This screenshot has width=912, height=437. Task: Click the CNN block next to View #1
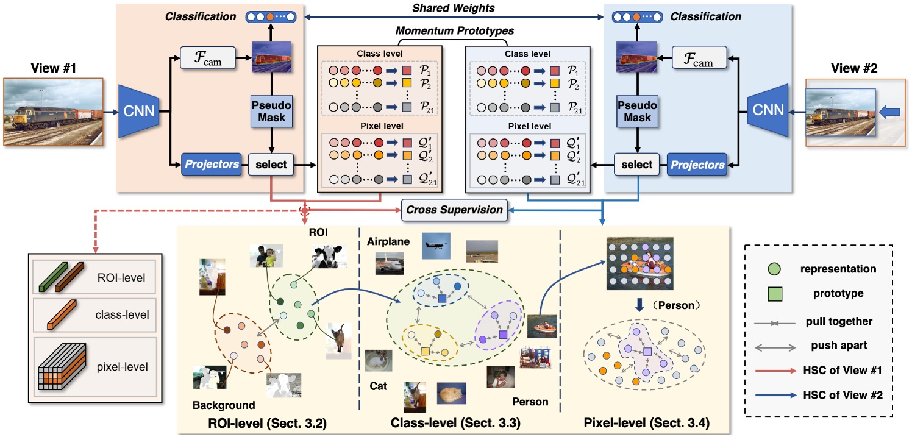click(139, 111)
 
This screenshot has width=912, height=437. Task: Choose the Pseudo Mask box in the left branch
click(272, 111)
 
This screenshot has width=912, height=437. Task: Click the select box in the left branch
click(272, 165)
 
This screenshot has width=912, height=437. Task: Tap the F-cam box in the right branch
click(700, 59)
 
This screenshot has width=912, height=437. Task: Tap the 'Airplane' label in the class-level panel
click(387, 242)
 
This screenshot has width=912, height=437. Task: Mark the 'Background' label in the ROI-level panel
click(224, 405)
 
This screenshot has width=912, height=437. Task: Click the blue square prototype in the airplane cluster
click(441, 299)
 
